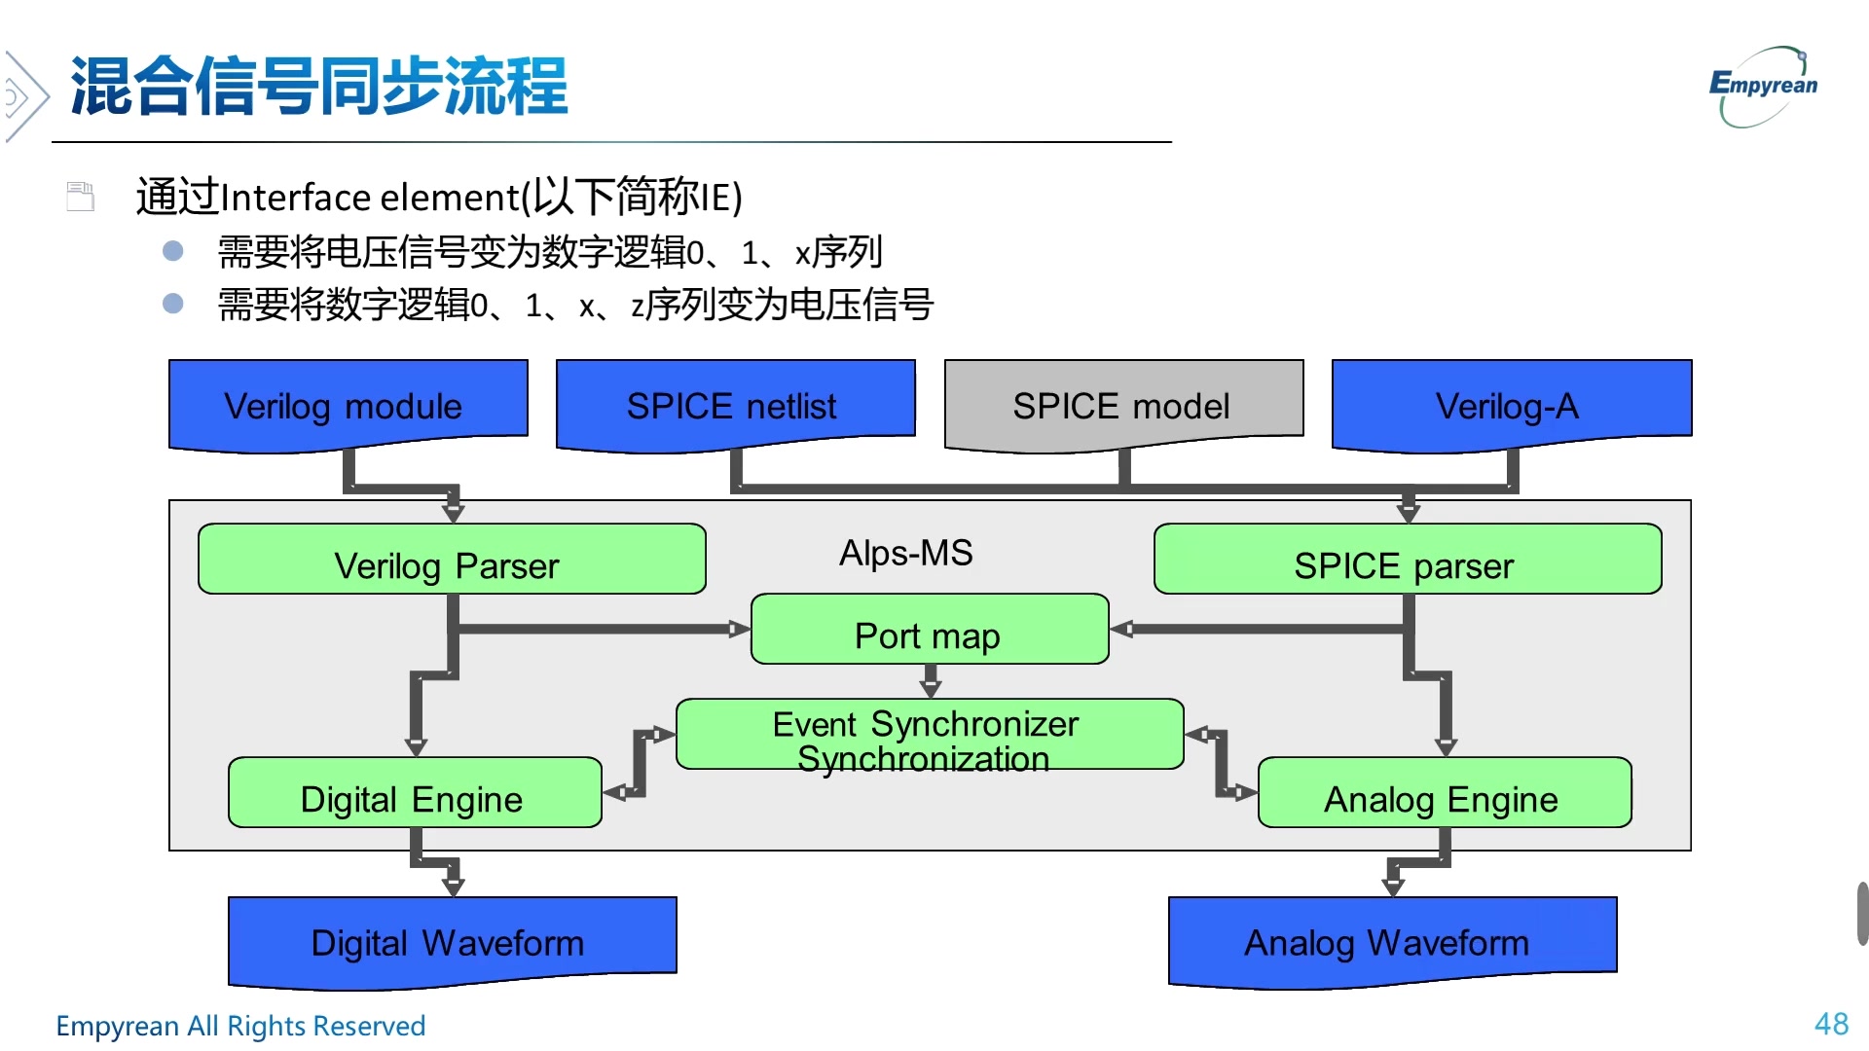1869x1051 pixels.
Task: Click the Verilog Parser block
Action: point(451,560)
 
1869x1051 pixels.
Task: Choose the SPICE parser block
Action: point(1407,560)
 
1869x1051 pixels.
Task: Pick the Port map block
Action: point(930,630)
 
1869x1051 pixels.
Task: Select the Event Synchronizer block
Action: point(930,735)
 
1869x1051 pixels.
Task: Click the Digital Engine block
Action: point(415,793)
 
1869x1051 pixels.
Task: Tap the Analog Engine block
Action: point(1445,793)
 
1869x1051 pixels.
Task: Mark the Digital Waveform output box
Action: point(452,939)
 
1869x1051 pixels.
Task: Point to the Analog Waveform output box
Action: point(1392,939)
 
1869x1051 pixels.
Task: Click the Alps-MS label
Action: point(905,553)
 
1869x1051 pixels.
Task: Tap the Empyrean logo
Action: point(1764,86)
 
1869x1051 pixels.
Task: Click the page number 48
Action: point(1831,1024)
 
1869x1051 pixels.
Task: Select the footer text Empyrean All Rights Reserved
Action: point(240,1026)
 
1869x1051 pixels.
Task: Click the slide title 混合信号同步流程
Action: point(319,88)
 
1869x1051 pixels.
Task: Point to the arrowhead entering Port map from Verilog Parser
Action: point(741,630)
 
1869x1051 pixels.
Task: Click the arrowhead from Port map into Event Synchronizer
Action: point(931,688)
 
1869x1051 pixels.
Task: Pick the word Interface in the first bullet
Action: point(296,198)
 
